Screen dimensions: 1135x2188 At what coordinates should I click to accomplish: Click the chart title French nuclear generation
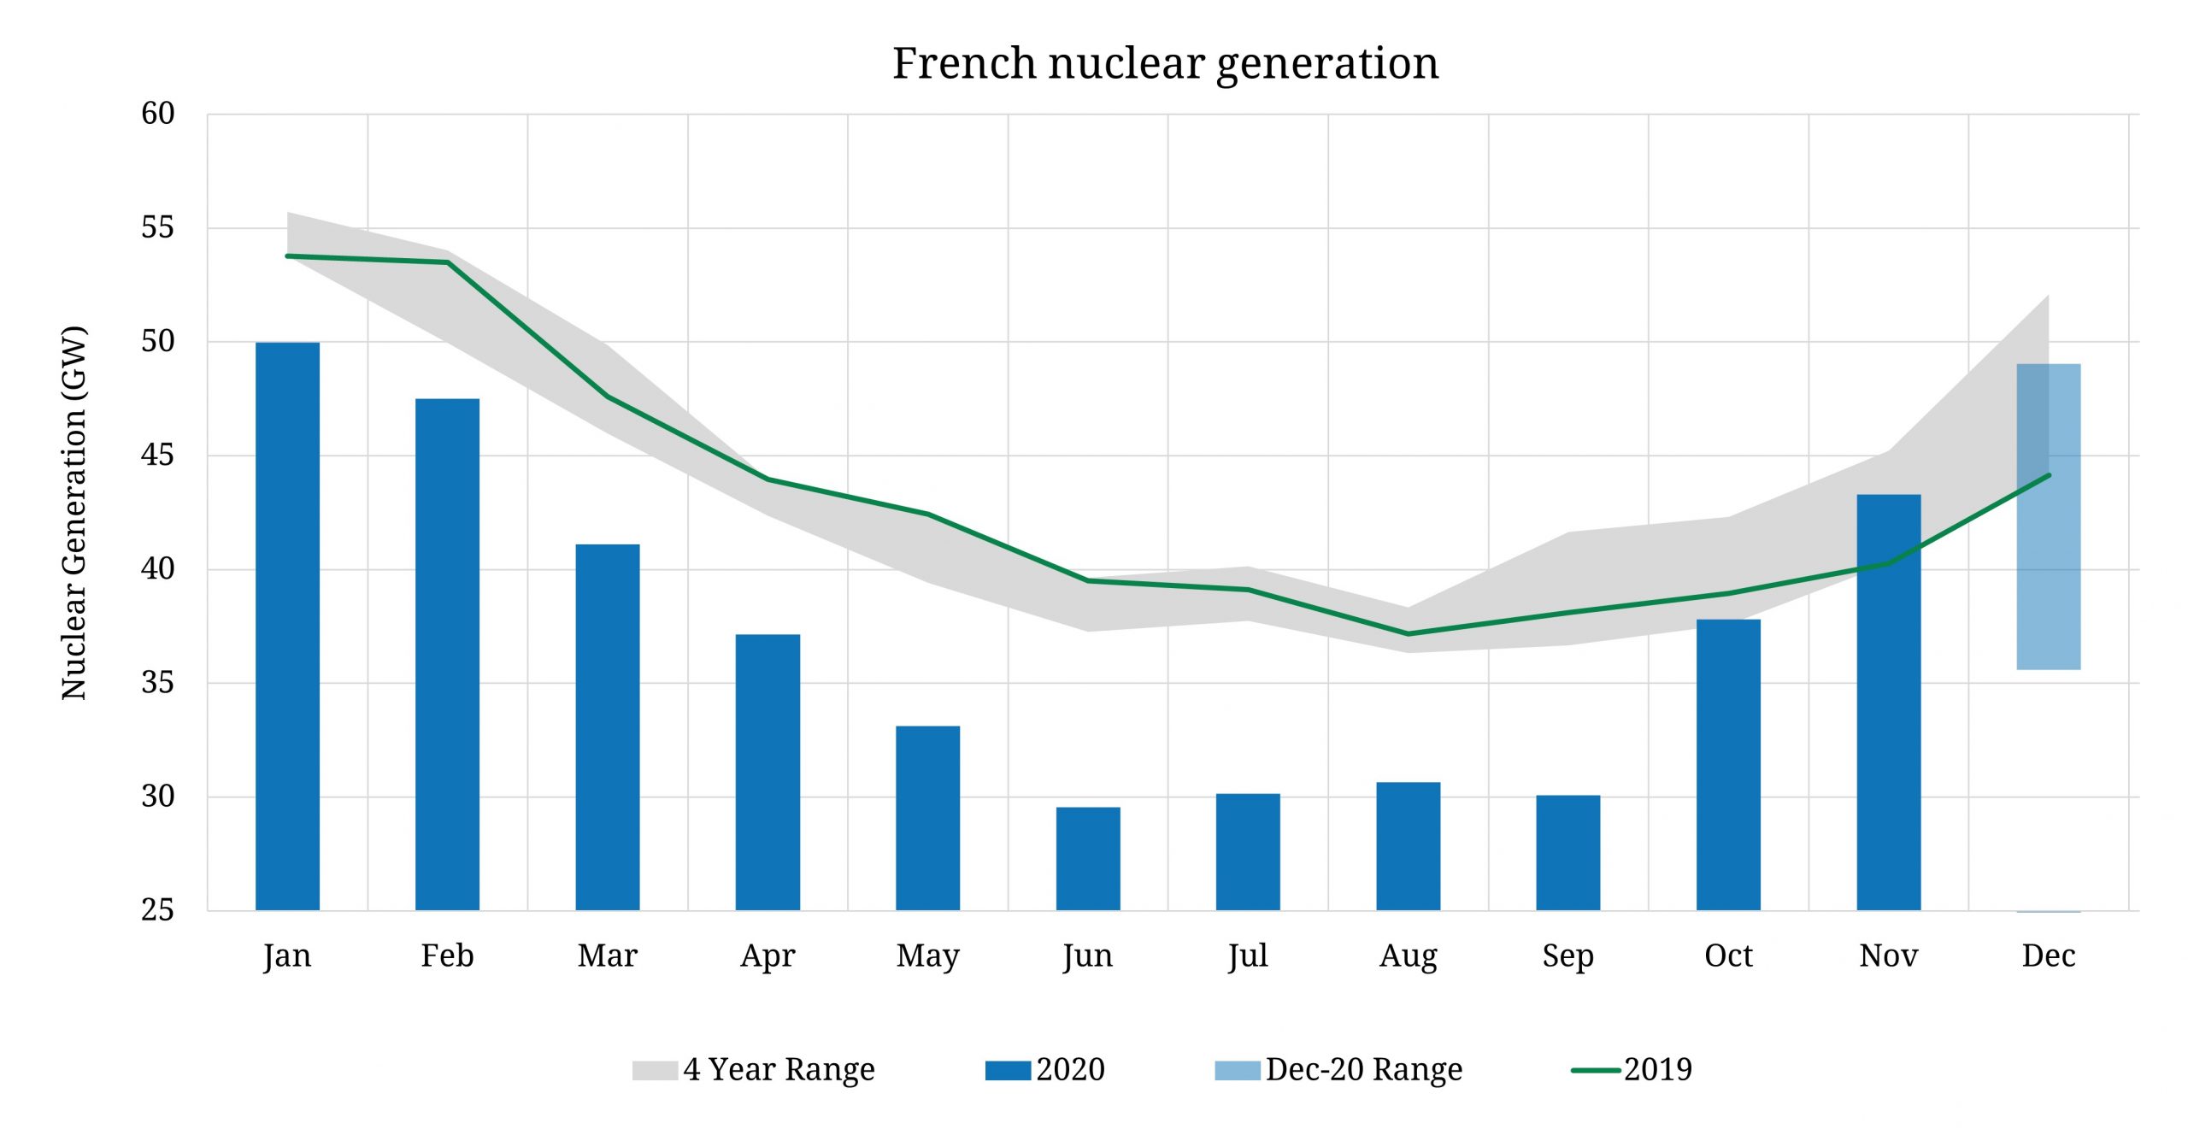coord(1165,63)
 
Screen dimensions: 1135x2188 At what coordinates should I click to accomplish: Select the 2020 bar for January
coord(287,626)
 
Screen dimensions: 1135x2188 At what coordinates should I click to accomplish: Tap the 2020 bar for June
coord(1088,858)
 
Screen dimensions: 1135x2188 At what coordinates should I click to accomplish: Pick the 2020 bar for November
coord(1889,702)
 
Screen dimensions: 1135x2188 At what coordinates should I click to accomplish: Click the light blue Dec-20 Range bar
coord(2049,516)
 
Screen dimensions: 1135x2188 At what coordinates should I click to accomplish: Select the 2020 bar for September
coord(1568,852)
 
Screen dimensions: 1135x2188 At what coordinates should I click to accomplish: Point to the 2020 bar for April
coord(768,772)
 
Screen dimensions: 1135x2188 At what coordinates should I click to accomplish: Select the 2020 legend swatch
coord(1008,1070)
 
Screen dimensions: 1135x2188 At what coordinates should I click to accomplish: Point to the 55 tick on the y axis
coord(157,227)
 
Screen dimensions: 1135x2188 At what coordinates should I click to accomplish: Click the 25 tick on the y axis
coord(157,910)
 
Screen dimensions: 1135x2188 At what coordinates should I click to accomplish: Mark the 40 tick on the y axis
coord(157,568)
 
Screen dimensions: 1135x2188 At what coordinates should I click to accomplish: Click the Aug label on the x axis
coord(1408,956)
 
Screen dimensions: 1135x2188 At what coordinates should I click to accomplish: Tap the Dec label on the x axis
coord(2049,956)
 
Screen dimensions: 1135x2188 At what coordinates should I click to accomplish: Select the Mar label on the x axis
coord(607,956)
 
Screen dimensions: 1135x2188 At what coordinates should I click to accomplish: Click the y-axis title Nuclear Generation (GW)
coord(74,513)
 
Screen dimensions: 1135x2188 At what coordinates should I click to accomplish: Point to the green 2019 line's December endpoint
coord(2049,475)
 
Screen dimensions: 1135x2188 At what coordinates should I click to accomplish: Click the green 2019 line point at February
coord(447,262)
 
